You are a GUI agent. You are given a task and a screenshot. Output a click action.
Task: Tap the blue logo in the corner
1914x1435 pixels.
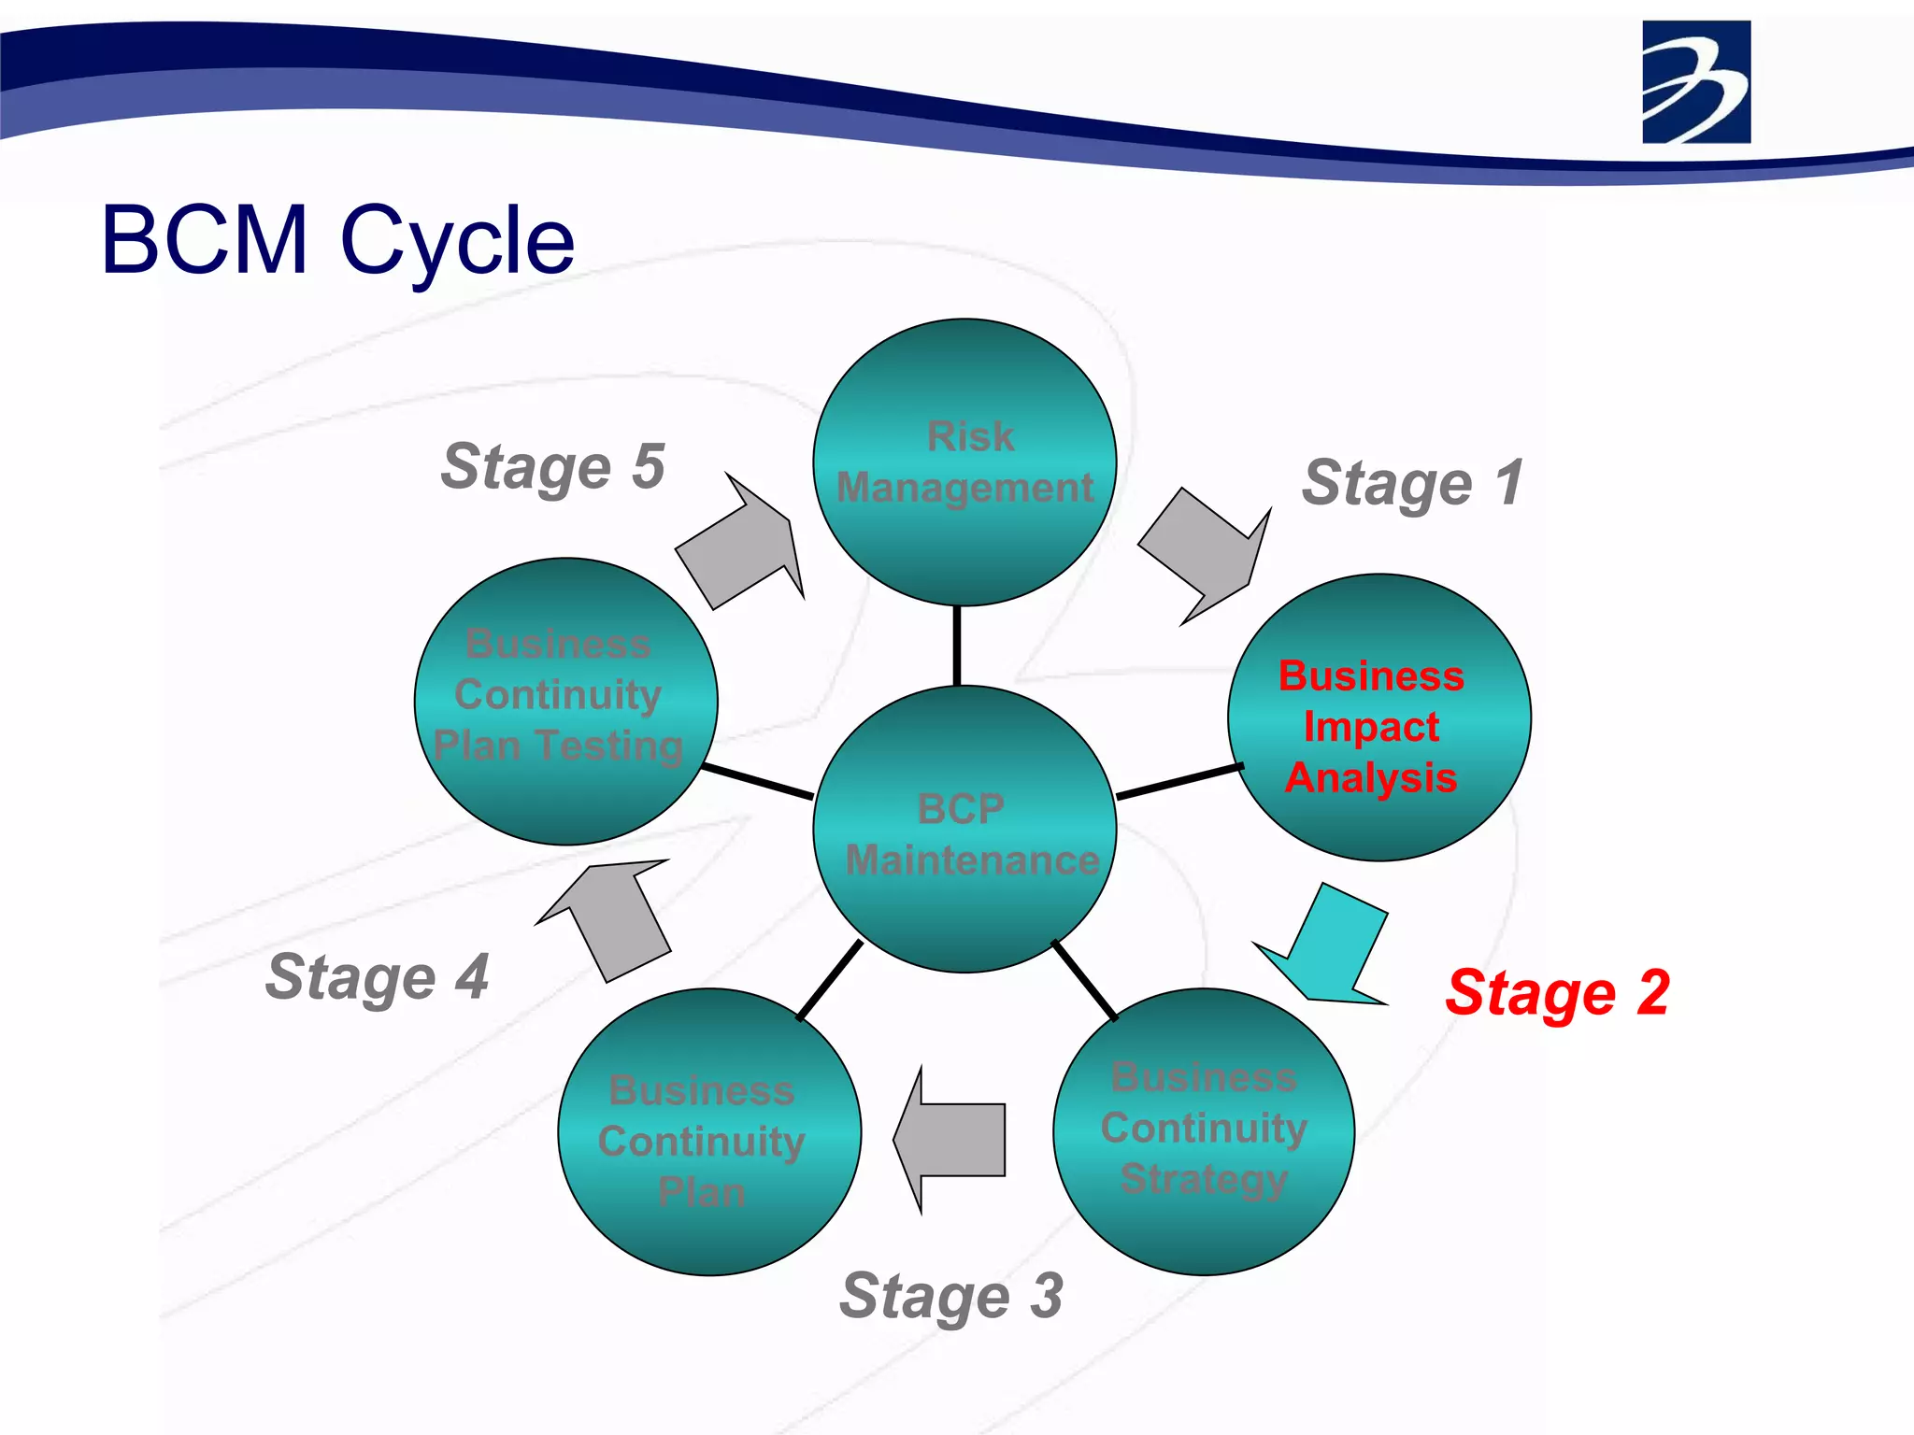(1695, 82)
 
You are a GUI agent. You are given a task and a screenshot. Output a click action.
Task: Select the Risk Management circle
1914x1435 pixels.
(964, 462)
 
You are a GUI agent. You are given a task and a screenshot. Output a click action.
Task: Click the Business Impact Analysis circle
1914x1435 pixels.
(1378, 717)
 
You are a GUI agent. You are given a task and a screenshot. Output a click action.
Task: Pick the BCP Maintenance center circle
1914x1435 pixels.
(964, 830)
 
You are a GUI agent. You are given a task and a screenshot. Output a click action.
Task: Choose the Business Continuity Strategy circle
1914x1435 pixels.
(1204, 1131)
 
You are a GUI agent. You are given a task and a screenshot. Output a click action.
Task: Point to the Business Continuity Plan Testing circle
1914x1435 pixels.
(565, 701)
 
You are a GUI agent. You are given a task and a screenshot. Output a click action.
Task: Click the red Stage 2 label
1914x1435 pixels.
(1557, 992)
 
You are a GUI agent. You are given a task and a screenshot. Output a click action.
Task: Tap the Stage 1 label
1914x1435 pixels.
(1412, 483)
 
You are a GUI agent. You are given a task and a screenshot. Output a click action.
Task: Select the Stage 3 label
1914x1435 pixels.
(950, 1296)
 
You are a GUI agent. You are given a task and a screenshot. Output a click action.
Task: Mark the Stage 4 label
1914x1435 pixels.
(377, 977)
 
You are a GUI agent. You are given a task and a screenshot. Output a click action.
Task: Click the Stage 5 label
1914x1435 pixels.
(552, 466)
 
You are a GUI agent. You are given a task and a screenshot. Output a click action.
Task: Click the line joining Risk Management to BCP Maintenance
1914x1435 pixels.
(957, 646)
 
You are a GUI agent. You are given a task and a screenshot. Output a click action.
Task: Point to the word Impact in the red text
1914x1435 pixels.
(1371, 727)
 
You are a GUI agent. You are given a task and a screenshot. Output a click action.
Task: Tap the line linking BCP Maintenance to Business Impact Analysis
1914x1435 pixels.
(1179, 781)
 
